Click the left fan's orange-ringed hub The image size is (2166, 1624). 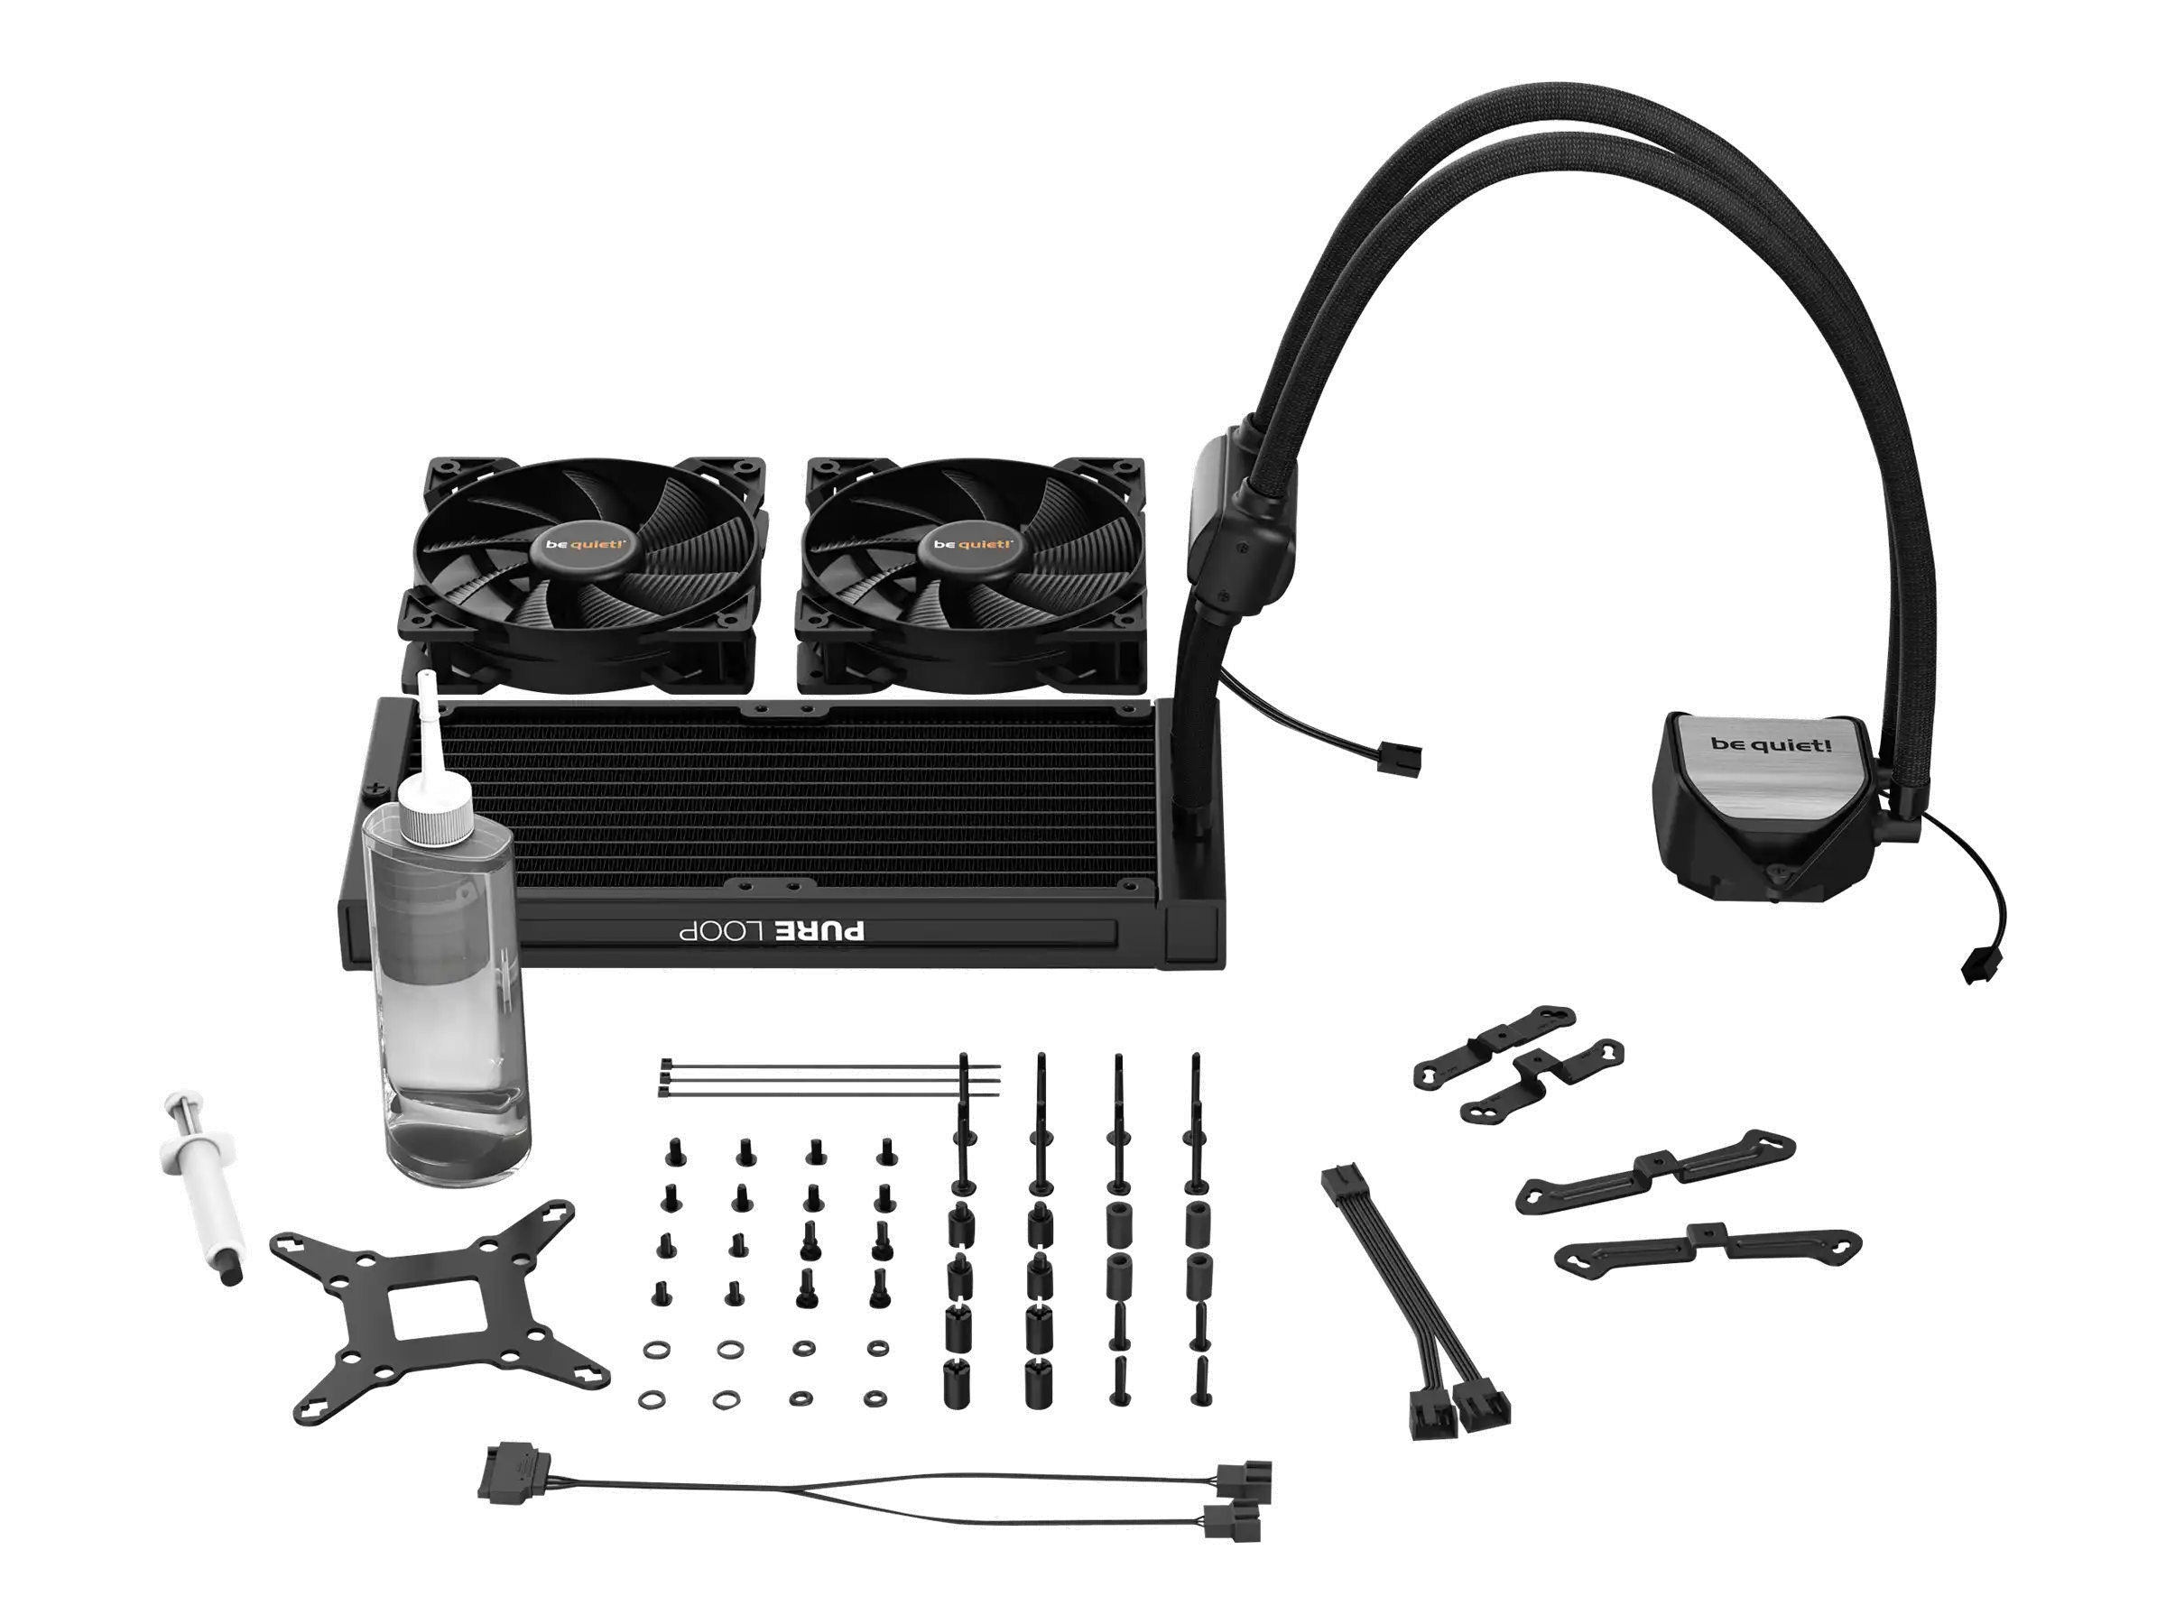[x=586, y=544]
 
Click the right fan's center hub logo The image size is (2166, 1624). [x=971, y=544]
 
